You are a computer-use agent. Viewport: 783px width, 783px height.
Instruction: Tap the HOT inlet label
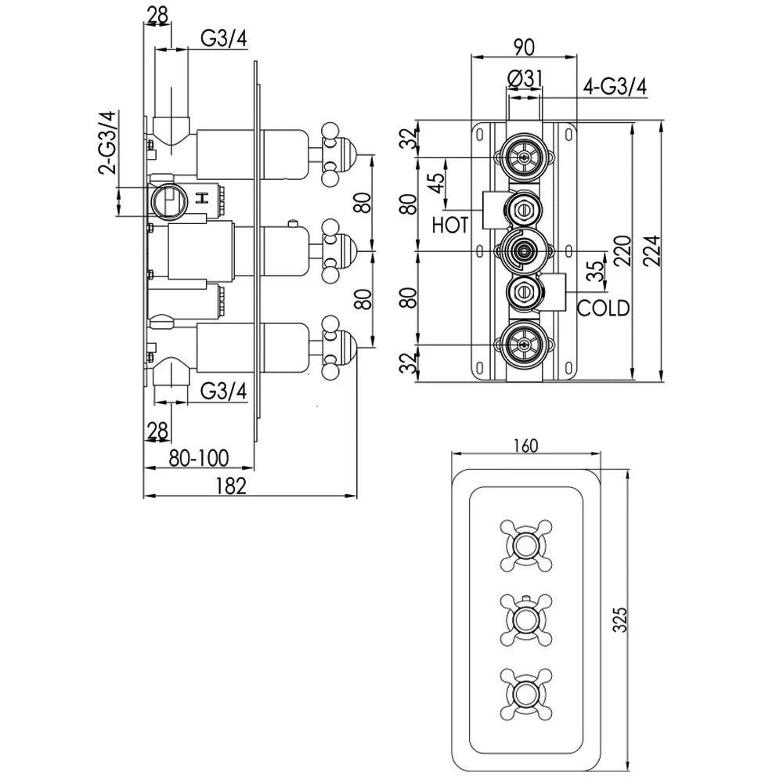450,226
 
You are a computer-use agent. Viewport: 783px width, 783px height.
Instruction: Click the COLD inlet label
603,308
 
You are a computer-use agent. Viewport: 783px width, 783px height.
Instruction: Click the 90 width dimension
524,46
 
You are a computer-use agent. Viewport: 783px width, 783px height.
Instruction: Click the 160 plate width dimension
525,446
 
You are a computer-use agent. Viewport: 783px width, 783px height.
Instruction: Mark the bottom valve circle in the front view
524,345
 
